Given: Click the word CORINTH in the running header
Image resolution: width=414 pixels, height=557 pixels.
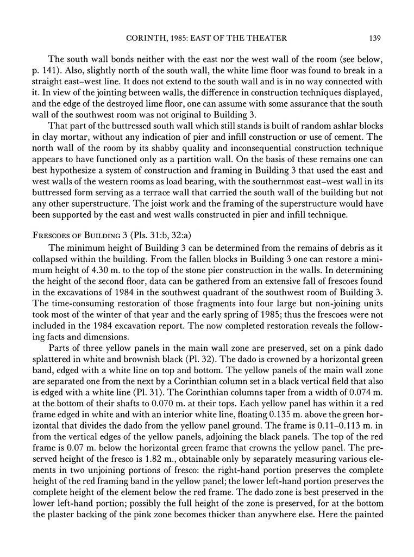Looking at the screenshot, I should [x=146, y=38].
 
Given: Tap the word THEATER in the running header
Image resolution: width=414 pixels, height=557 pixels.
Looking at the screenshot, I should [x=272, y=38].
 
